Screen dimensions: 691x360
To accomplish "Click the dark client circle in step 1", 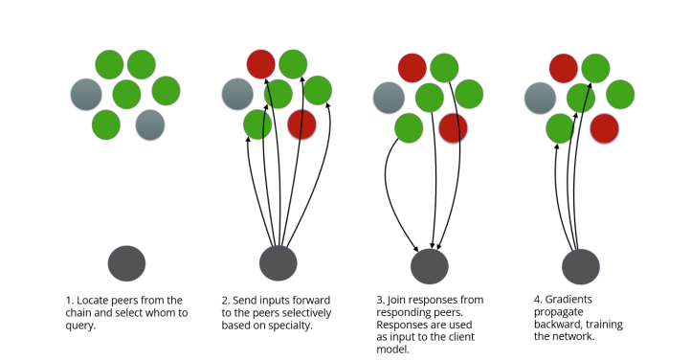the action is tap(126, 263).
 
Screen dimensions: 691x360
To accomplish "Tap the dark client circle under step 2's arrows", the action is tap(279, 263).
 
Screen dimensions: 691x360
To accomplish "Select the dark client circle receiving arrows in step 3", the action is tap(429, 266).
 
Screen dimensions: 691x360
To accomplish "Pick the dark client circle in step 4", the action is tap(581, 266).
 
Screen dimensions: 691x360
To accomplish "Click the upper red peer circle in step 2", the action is tap(261, 64).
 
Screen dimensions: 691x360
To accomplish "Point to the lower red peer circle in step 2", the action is tap(301, 124).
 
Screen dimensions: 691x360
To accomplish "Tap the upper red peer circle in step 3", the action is tap(412, 68).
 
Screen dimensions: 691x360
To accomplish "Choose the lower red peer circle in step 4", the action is tap(604, 128).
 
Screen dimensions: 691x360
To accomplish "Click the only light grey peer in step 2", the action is tap(237, 94).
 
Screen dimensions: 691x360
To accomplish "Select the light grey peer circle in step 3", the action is tap(389, 98).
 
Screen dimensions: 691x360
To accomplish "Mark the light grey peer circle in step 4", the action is tap(541, 98).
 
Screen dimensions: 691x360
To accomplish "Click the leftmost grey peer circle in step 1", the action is tap(86, 94).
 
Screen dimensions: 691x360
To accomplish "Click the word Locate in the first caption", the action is tap(93, 301).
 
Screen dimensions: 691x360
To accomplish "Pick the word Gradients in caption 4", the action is tap(568, 300).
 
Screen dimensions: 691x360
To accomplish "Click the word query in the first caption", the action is tap(79, 326).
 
